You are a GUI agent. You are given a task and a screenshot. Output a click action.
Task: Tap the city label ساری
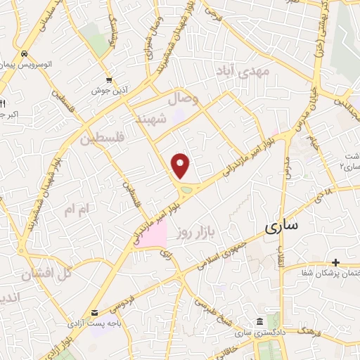282,226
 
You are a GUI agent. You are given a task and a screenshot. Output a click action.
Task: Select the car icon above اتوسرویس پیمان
25,53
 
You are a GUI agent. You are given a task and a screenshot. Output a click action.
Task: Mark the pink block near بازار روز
151,234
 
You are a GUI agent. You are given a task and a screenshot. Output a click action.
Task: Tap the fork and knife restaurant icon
2,103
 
